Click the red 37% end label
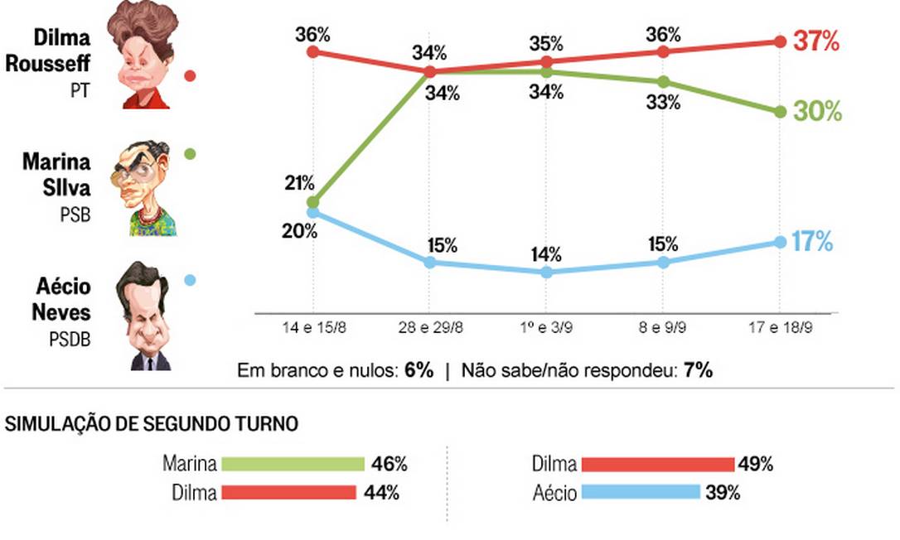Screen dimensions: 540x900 point(817,41)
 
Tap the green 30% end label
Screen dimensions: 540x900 point(817,111)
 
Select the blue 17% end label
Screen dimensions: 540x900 point(812,242)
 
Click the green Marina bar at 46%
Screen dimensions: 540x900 point(293,464)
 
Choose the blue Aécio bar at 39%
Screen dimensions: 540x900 point(641,493)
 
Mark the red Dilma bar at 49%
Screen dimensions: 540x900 point(658,464)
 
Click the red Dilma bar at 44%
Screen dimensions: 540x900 point(288,493)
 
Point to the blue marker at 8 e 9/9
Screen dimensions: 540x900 point(663,262)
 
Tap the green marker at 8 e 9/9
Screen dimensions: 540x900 point(663,82)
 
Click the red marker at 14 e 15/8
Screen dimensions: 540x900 point(312,51)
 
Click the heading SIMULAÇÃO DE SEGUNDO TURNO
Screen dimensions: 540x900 point(152,424)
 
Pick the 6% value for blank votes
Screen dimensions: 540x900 point(419,370)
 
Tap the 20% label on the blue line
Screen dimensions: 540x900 point(298,231)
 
